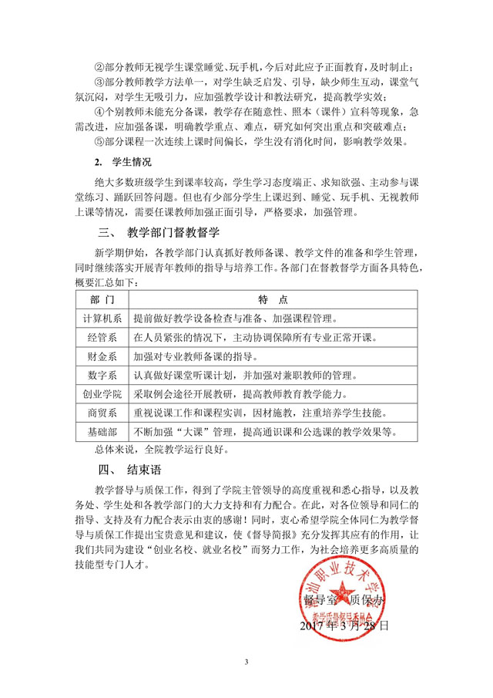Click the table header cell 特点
point(273,298)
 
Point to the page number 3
point(246,662)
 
